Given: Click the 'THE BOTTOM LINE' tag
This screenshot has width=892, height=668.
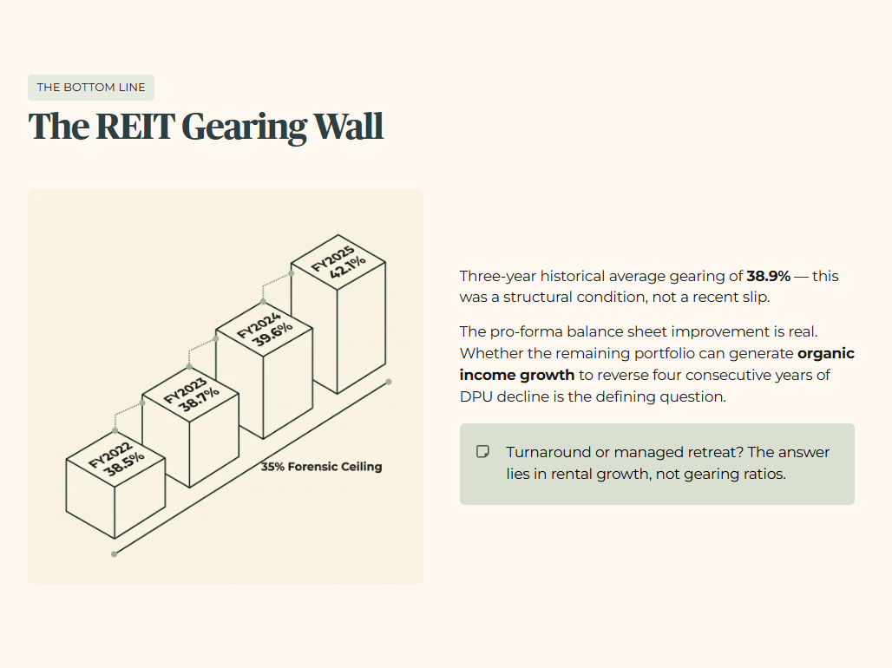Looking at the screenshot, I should click(x=91, y=88).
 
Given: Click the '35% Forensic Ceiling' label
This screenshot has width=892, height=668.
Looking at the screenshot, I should click(x=321, y=467).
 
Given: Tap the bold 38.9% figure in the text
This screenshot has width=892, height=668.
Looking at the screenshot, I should click(x=768, y=277).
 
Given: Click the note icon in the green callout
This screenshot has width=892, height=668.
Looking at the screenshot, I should click(x=483, y=452).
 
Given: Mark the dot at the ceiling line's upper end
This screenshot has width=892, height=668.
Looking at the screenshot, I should click(x=388, y=382).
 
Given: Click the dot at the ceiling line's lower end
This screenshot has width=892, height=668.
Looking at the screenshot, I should click(x=114, y=553).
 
